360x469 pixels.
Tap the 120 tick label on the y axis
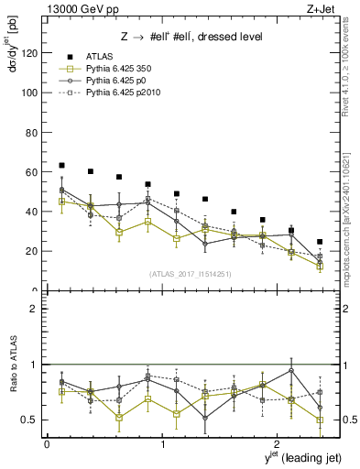point(30,53)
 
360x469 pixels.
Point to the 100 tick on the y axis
point(30,93)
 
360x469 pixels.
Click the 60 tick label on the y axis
point(33,172)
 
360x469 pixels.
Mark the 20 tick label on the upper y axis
point(33,251)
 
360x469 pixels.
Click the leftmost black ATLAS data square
point(61,165)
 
